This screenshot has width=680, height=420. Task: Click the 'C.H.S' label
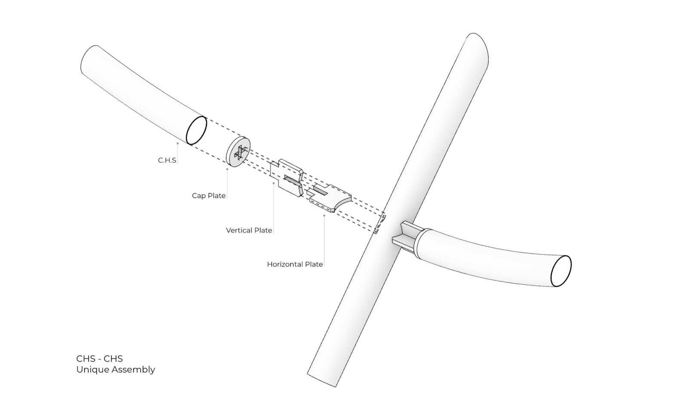click(167, 160)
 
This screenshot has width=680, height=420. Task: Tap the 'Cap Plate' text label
click(208, 196)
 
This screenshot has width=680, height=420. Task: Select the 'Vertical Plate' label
click(249, 230)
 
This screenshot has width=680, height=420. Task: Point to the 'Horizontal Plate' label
click(295, 264)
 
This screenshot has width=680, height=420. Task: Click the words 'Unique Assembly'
click(116, 370)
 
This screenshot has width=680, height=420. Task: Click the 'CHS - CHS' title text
click(99, 359)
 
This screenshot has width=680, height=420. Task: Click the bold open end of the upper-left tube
click(196, 130)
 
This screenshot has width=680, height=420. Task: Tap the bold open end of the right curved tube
click(561, 271)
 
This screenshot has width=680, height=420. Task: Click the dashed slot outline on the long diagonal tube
click(380, 224)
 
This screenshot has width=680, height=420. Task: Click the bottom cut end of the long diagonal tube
click(322, 380)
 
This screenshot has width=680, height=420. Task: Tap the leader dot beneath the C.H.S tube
click(178, 144)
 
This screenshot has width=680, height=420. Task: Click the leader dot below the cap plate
click(227, 169)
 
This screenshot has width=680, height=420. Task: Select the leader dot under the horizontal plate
click(324, 215)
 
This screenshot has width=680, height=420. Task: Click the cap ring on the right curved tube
click(419, 243)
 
